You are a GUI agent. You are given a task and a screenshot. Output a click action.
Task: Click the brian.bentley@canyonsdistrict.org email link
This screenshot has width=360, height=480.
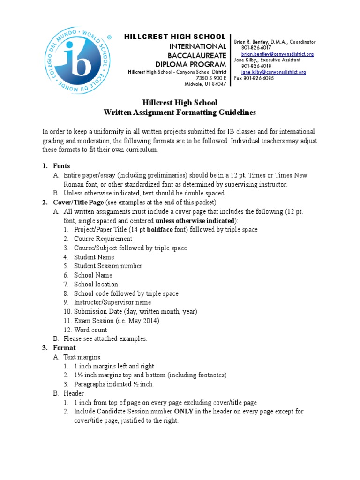(277, 54)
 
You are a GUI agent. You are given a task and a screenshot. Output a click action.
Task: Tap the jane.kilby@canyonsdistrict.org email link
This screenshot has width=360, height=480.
(273, 72)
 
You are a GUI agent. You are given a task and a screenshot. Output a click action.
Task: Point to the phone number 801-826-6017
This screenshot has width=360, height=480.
(256, 48)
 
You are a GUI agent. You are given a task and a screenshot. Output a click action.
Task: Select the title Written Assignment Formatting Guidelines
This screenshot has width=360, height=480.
(180, 112)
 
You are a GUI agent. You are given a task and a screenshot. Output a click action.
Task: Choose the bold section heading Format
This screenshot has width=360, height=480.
(64, 348)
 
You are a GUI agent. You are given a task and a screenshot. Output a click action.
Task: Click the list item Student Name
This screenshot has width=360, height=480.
(94, 257)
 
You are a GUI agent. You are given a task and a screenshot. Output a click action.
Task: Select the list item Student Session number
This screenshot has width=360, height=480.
(108, 266)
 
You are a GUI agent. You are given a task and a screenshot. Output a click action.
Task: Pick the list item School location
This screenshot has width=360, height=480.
(96, 284)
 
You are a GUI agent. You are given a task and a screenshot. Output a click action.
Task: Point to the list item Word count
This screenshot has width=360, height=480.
(90, 330)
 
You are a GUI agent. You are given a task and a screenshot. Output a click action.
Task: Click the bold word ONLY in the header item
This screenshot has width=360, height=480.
(184, 411)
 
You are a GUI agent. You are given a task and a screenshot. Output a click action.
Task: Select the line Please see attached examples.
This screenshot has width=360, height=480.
(105, 338)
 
